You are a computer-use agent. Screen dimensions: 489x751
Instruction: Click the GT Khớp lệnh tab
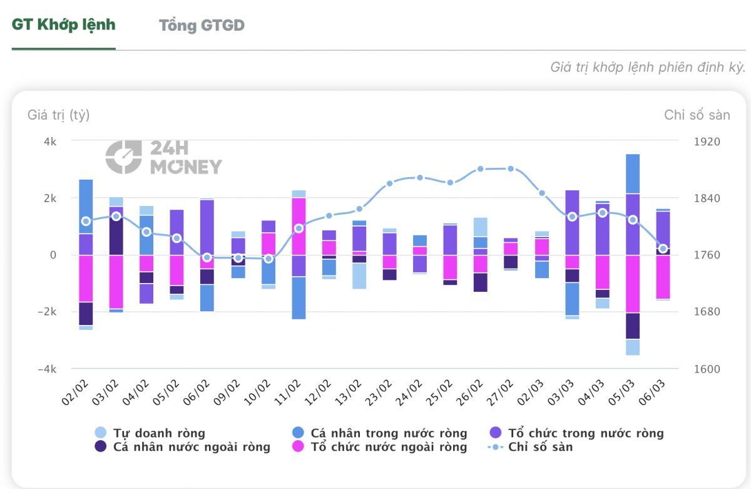[x=64, y=25]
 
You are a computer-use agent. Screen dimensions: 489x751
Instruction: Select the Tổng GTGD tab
[x=202, y=26]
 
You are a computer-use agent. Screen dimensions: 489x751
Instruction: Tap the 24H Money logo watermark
[x=164, y=157]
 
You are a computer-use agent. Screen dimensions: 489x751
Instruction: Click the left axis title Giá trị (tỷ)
[x=59, y=115]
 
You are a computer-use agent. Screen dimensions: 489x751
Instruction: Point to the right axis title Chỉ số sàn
[x=697, y=115]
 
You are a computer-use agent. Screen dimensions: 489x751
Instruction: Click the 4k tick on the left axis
[x=49, y=142]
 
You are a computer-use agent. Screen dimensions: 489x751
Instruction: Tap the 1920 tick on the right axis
[x=707, y=142]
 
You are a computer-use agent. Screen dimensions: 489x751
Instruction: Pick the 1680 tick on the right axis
[x=707, y=312]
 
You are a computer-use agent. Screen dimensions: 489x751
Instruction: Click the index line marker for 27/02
[x=511, y=169]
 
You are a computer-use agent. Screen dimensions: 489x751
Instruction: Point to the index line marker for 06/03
[x=663, y=249]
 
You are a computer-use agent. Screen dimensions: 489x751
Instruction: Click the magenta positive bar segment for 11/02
[x=299, y=226]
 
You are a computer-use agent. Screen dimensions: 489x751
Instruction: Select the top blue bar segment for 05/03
[x=633, y=174]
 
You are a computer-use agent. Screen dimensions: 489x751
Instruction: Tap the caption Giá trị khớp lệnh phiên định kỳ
[x=648, y=68]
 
